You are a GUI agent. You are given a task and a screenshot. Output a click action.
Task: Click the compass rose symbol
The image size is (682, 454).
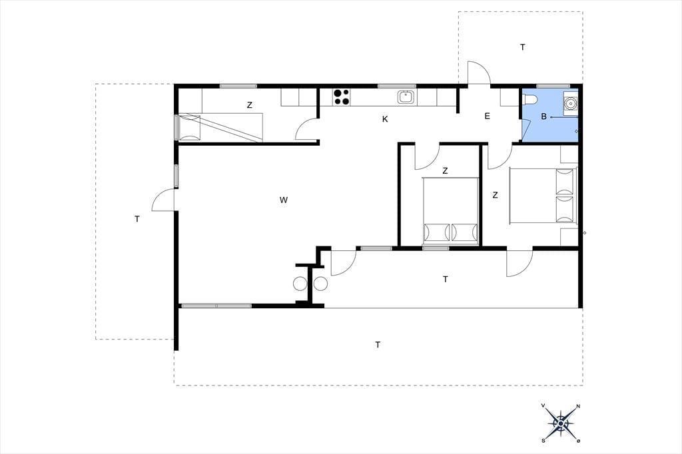pos(561,423)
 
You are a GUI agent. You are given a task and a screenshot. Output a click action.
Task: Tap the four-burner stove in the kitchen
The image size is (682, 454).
pos(342,97)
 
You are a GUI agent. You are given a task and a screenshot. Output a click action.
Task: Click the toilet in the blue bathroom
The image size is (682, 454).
pos(530,100)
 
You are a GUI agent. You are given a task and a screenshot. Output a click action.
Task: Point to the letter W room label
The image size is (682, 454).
pos(284,200)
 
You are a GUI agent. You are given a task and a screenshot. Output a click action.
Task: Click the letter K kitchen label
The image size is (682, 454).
pos(385,119)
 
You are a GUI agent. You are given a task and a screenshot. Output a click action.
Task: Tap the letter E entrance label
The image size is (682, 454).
pos(487,116)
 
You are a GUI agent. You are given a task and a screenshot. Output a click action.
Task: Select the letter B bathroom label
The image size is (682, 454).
pos(543,116)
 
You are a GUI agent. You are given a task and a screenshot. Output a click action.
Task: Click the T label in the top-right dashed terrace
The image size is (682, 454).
pos(522,47)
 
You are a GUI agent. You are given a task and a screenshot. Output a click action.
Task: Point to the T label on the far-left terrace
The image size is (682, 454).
pos(137,219)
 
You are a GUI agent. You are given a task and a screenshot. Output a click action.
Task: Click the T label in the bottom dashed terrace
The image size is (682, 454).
pos(378,345)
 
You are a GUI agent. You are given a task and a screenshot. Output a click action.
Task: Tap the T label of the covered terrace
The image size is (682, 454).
pos(446,279)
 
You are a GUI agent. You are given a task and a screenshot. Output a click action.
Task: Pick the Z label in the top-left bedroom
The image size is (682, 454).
pos(249,105)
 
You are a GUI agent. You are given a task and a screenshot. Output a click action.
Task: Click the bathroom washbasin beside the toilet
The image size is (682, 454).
pos(570,103)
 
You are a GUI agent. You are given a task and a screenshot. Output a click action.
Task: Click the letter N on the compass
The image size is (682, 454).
pos(578,407)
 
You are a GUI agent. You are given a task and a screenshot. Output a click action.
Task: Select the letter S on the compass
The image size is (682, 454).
pos(543,441)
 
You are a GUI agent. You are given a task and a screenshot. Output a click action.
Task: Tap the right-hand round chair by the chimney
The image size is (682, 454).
pos(320,284)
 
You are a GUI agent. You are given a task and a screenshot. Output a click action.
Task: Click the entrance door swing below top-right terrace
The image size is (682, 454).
pos(479,73)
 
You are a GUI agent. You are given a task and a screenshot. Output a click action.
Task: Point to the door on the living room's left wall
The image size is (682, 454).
pos(164,200)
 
